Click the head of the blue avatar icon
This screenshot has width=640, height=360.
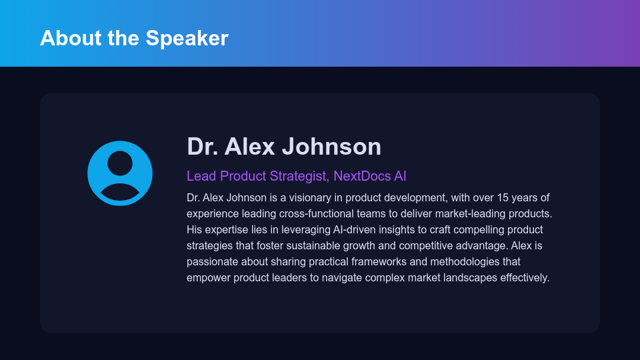[120, 163]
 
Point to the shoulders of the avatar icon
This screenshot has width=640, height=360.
[120, 193]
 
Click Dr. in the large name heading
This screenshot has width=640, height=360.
[202, 146]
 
